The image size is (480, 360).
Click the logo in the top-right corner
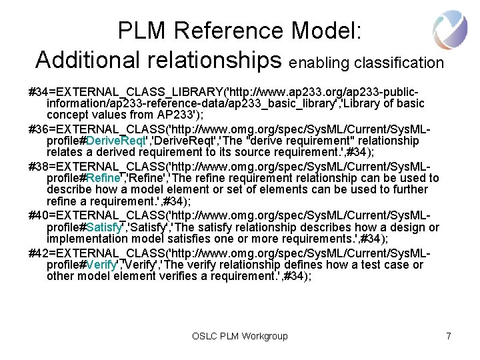pyautogui.click(x=450, y=31)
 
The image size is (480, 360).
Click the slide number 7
pyautogui.click(x=449, y=336)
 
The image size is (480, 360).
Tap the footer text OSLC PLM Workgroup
pyautogui.click(x=240, y=336)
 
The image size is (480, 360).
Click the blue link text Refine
pyautogui.click(x=103, y=178)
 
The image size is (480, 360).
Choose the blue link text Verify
pyautogui.click(x=101, y=265)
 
